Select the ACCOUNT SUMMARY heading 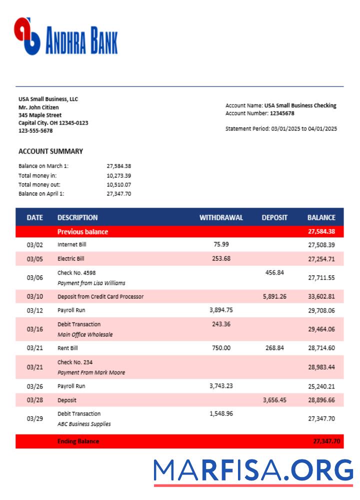[x=50, y=151]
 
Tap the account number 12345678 [x=282, y=113]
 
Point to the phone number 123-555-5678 [x=35, y=131]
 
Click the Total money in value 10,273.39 [x=119, y=175]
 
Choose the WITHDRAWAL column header [x=221, y=217]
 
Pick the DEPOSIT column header [x=274, y=217]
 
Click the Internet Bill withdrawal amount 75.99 [x=221, y=244]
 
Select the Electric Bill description [x=71, y=259]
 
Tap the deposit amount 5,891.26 [x=274, y=296]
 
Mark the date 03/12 [x=35, y=310]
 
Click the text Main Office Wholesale [x=85, y=334]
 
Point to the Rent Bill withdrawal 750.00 [x=221, y=348]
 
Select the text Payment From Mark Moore [x=91, y=372]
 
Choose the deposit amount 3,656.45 [x=274, y=400]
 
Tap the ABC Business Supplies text [x=84, y=424]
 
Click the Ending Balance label [x=78, y=441]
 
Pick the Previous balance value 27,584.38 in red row [x=321, y=231]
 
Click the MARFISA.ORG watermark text [x=253, y=471]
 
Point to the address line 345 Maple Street [x=40, y=115]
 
